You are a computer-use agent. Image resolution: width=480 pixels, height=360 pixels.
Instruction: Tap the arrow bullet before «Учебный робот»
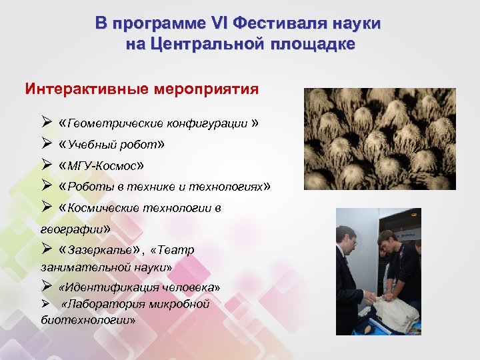[x=45, y=144]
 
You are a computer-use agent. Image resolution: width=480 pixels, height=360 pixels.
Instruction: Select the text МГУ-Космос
[x=101, y=165]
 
